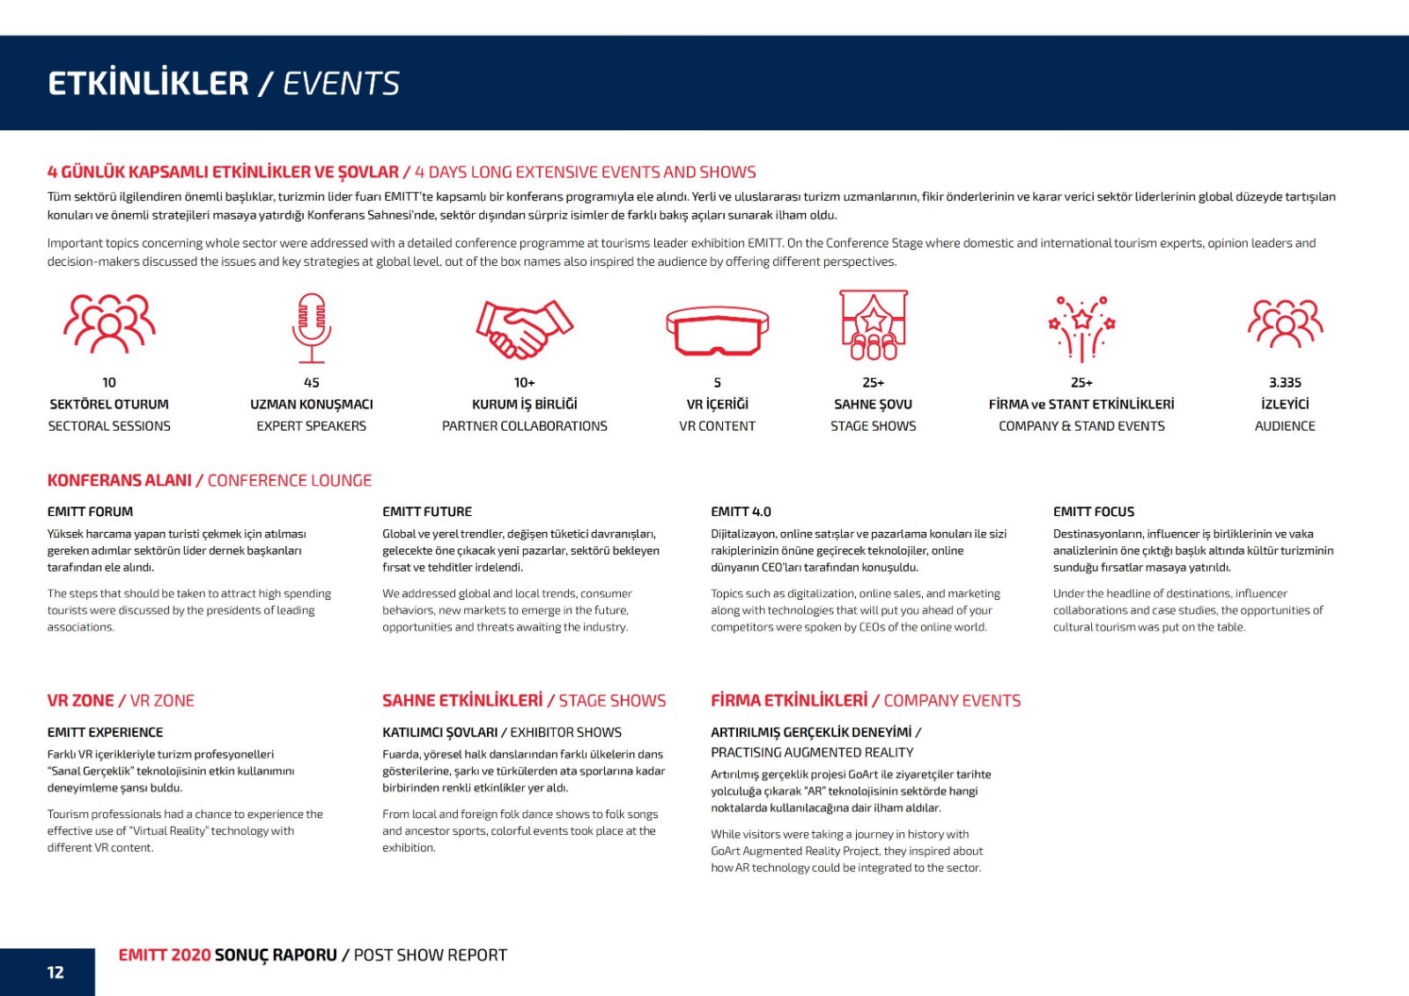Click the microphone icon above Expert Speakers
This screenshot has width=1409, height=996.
(312, 328)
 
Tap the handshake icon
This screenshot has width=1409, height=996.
(524, 328)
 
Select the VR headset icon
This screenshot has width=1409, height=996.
(717, 331)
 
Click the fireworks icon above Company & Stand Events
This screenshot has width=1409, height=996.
(1081, 328)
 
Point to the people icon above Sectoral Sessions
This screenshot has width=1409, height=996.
(109, 323)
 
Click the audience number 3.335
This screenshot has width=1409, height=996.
(1285, 382)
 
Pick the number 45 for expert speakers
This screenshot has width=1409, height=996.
(312, 382)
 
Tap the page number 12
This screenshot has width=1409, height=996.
(55, 972)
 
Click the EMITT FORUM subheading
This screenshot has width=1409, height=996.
(91, 512)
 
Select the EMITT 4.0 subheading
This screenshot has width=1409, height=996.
(741, 512)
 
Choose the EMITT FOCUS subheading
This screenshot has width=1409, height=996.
(1094, 512)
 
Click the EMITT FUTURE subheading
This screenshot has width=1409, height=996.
(427, 512)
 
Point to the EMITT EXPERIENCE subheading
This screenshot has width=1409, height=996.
(106, 733)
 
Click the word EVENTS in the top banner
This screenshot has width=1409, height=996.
(342, 84)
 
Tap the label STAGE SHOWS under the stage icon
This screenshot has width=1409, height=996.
(873, 426)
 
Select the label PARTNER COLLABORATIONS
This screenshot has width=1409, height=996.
(524, 426)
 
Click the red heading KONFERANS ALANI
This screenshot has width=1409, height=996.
(120, 481)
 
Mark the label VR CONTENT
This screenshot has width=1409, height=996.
(717, 426)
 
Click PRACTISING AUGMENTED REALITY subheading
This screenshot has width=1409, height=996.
(812, 753)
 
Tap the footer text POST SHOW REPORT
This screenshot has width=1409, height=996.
(431, 955)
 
